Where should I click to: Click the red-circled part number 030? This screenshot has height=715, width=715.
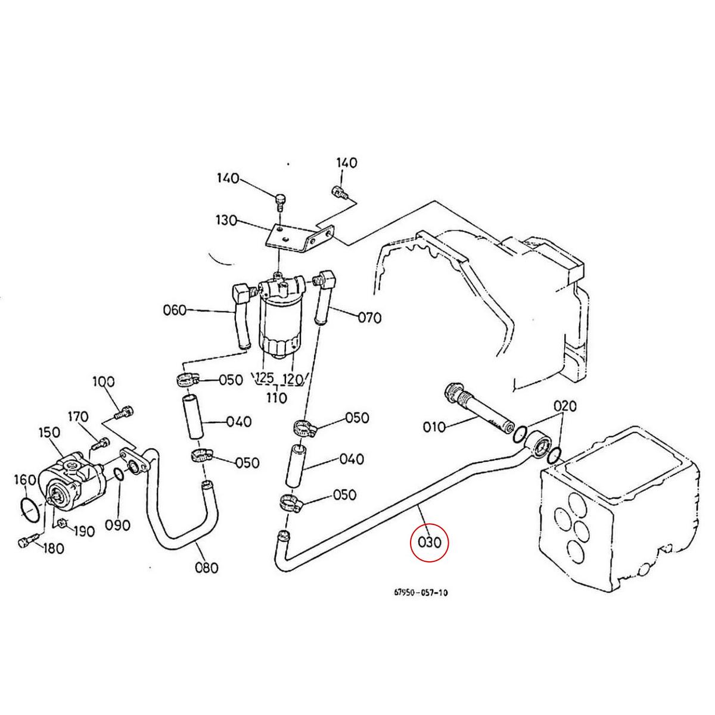pos(429,543)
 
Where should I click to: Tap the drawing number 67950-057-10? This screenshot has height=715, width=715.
pos(421,593)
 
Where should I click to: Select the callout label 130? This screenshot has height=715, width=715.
pos(226,221)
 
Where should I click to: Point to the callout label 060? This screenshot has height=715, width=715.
pos(175,310)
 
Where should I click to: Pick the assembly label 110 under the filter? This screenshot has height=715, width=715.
pos(276,397)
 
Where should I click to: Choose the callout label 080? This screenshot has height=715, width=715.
pos(207,567)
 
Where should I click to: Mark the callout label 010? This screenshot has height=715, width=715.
pos(434,427)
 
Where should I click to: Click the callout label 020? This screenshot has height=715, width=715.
pos(564,406)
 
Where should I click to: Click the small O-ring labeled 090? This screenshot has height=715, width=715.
pos(118,475)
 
